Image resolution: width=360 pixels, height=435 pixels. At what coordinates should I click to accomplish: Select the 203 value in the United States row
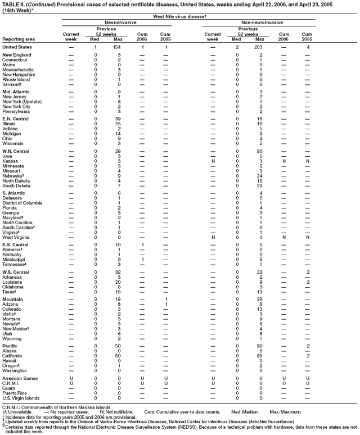pos(259,47)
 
